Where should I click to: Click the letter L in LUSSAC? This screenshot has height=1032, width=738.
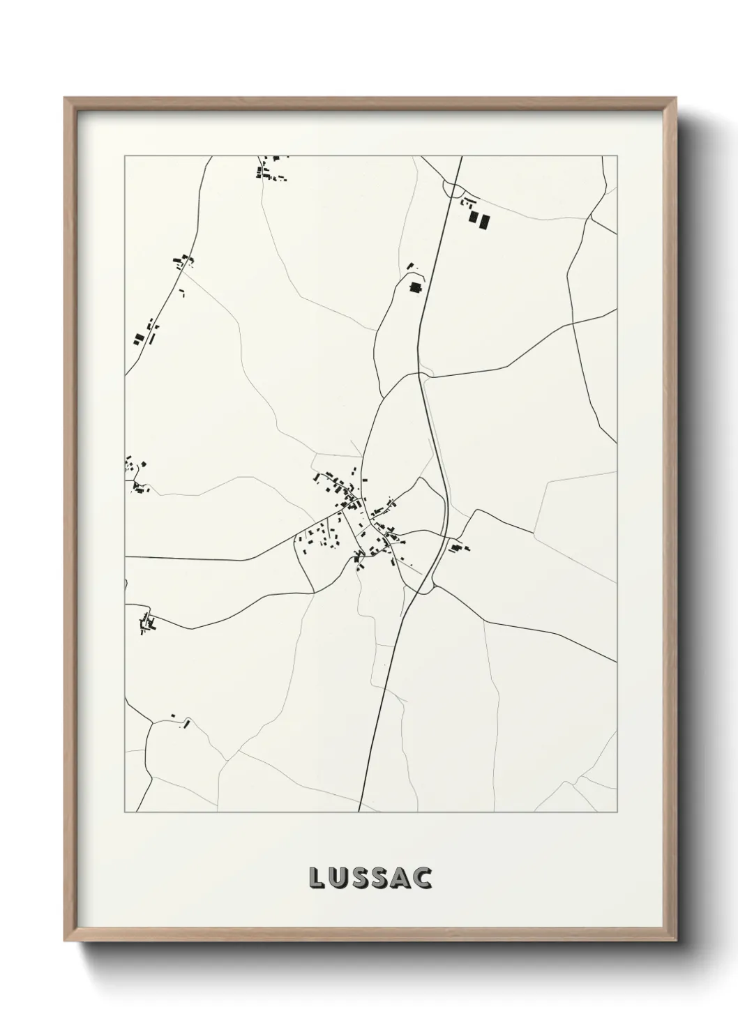(315, 879)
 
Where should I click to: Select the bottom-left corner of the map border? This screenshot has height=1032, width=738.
(125, 812)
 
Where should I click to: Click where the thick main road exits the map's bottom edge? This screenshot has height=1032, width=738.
(359, 812)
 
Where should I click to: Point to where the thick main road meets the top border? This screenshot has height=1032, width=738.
(462, 157)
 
